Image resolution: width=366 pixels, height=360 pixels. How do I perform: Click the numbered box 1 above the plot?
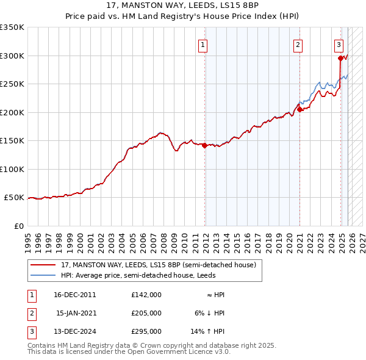203,44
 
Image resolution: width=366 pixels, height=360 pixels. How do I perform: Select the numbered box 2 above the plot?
298,44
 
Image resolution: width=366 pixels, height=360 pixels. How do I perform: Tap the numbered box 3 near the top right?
339,44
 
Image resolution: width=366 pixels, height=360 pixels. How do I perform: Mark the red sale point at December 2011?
204,145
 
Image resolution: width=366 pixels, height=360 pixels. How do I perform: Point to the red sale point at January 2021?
300,110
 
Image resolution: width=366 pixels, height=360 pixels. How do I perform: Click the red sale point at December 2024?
340,59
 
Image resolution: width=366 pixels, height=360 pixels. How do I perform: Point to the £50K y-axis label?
14,198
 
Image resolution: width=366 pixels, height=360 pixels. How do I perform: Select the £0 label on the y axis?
18,226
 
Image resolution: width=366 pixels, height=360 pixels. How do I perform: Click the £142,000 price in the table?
146,294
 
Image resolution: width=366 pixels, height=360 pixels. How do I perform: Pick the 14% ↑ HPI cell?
208,331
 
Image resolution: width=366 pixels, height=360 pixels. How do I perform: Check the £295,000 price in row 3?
146,331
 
